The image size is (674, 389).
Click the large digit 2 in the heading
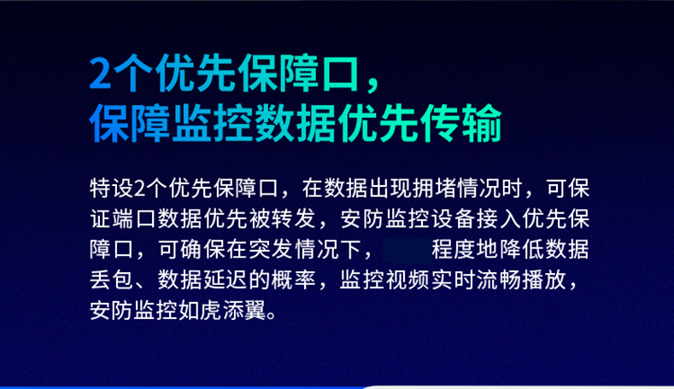click(x=100, y=73)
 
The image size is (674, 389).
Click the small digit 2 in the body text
click(x=140, y=189)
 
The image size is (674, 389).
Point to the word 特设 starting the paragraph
click(x=112, y=189)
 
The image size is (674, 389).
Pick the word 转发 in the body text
click(x=295, y=219)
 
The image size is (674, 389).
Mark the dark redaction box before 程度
click(x=407, y=250)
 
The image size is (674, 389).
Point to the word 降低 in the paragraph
click(x=522, y=249)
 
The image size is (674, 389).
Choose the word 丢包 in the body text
click(x=112, y=280)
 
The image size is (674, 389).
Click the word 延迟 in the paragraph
click(x=226, y=280)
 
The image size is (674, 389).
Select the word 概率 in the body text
click(x=295, y=280)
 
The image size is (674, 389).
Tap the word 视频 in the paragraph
click(x=408, y=280)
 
